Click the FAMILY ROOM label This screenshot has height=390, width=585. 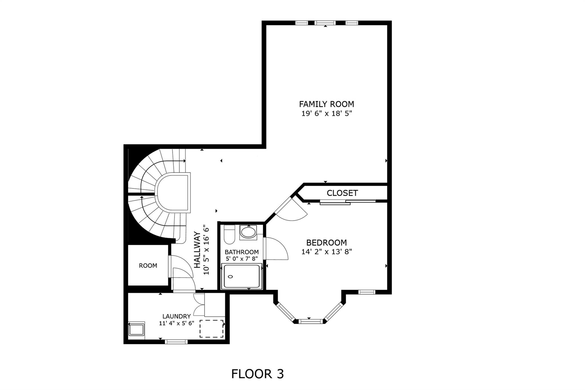[x=326, y=104]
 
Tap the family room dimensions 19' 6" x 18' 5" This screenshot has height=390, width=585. [x=326, y=113]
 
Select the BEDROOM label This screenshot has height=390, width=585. [x=326, y=243]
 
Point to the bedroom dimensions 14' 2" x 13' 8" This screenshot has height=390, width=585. [x=326, y=252]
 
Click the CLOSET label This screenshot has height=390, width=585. [x=342, y=193]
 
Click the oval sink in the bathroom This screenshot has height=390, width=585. [x=248, y=232]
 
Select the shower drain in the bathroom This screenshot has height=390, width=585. [x=231, y=277]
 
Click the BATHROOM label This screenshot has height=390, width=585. [x=242, y=252]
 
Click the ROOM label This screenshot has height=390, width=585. [x=148, y=266]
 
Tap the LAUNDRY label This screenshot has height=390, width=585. [x=177, y=316]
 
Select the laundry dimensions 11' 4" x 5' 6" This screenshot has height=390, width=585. [x=177, y=323]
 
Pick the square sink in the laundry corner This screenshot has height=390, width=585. [x=137, y=330]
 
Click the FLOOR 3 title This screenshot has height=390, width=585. [x=257, y=374]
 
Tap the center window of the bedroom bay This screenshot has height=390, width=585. [x=310, y=321]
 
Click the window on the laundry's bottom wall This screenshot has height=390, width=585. [x=177, y=341]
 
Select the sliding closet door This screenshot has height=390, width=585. [x=348, y=202]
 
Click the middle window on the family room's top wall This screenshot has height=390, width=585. [x=325, y=23]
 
